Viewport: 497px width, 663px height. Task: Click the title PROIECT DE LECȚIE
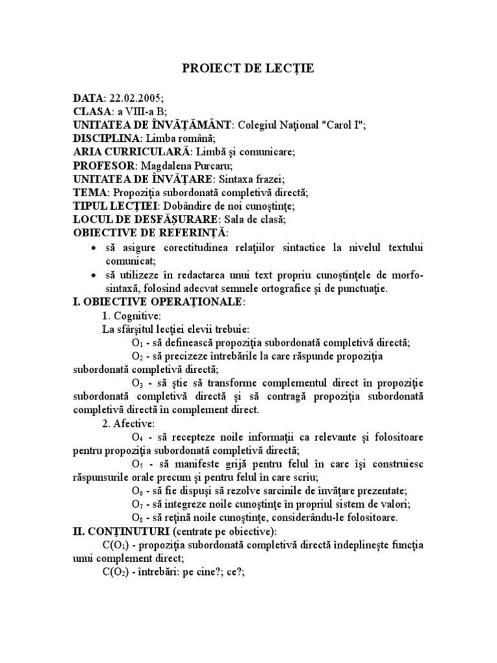point(248,69)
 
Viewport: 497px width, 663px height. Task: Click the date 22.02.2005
point(134,98)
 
